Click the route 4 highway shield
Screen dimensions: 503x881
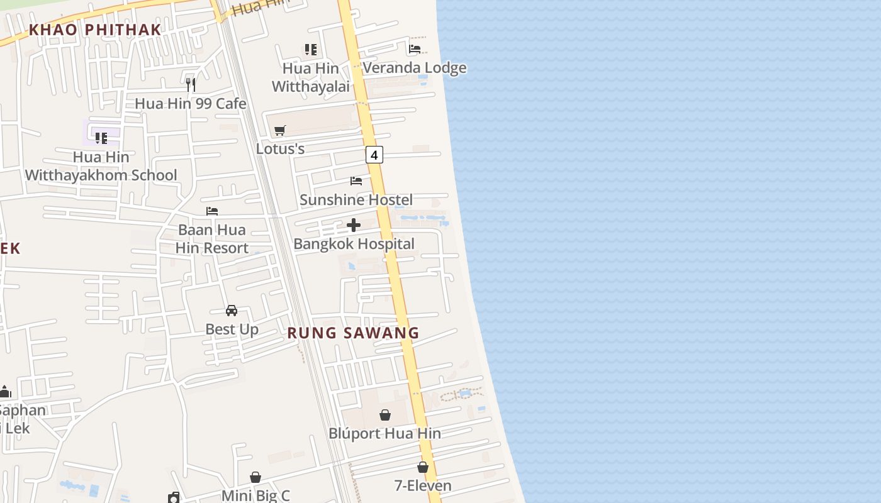coord(374,155)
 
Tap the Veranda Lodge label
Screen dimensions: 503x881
coord(414,68)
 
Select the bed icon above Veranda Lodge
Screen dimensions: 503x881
coord(415,48)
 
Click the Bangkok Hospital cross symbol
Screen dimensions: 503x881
coord(354,225)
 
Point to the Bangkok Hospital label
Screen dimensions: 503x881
coord(354,244)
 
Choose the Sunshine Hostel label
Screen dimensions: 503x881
coord(356,200)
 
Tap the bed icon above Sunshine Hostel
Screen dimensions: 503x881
coord(356,181)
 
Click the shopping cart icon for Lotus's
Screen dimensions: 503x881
coord(280,130)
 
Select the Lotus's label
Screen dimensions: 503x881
coord(280,149)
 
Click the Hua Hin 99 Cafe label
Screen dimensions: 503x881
coord(191,104)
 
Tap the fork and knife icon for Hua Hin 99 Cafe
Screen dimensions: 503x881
coord(191,84)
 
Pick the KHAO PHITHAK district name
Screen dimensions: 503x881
coord(95,30)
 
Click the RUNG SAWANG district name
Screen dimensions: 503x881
coord(353,333)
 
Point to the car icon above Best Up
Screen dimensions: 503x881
coord(232,311)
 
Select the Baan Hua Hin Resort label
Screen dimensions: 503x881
coord(212,239)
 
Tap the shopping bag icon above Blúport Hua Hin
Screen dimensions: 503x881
coord(385,415)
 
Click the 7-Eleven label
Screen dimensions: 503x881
coord(423,486)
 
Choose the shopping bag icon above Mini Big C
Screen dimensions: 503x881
coord(255,477)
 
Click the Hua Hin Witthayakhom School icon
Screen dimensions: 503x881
coord(101,138)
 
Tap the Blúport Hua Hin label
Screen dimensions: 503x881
coord(384,434)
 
